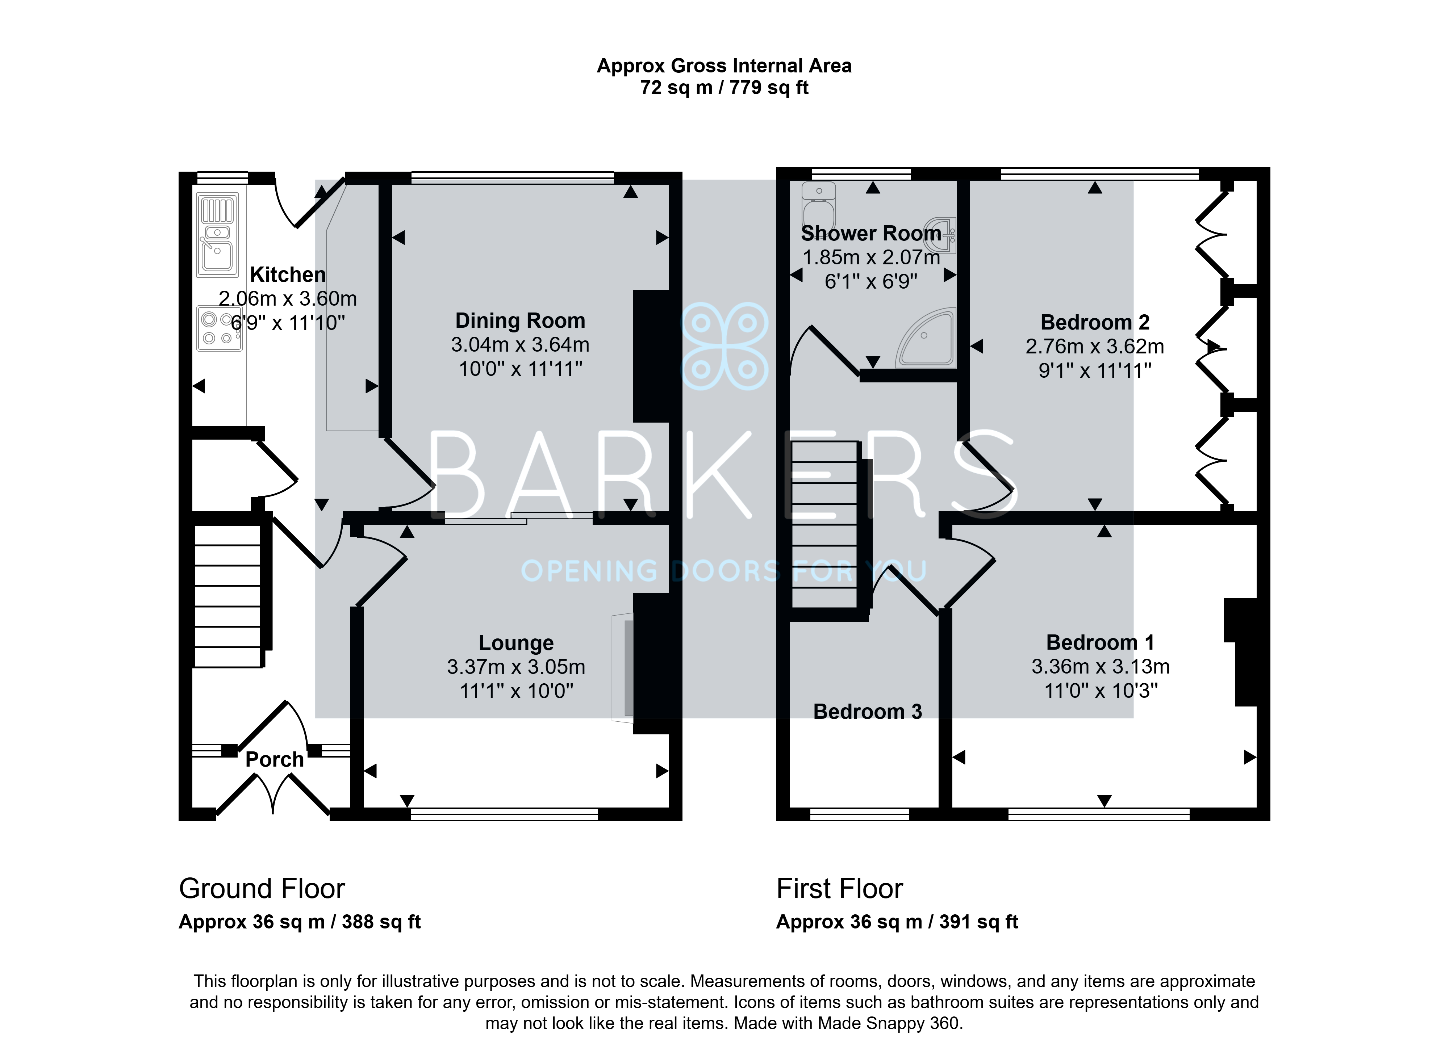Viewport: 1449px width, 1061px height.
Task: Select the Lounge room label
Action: (516, 643)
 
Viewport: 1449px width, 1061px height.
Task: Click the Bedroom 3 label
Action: (868, 712)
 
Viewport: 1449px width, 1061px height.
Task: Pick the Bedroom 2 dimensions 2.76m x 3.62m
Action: (1095, 347)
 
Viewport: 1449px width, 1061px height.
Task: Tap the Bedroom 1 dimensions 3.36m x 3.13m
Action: (1101, 667)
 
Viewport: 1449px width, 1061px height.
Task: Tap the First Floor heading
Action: (839, 889)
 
